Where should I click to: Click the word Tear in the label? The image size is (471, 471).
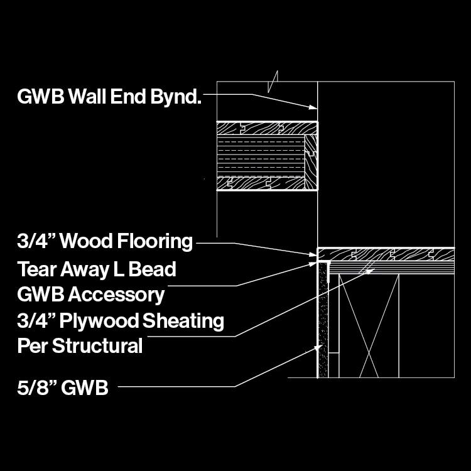(x=35, y=270)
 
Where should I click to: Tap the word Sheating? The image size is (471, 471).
(x=183, y=322)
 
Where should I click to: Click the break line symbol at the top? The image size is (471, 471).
(x=273, y=82)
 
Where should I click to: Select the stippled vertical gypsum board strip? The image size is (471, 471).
(x=323, y=320)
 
